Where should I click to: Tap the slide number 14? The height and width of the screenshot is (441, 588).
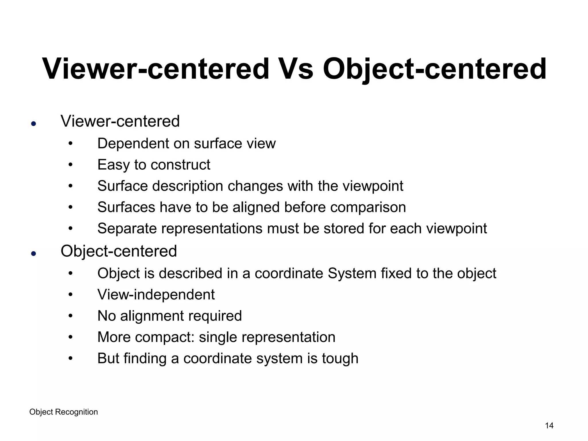click(549, 425)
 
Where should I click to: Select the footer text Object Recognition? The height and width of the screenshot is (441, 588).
click(63, 412)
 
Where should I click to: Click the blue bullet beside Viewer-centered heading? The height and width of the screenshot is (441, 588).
click(34, 124)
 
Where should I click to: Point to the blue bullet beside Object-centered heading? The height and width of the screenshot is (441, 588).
click(34, 254)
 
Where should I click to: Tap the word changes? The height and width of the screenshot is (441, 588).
click(255, 186)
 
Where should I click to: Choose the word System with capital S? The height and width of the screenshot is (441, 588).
click(352, 273)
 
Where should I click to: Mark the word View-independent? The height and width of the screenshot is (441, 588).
click(156, 295)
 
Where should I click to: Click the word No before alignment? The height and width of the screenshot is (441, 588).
click(107, 316)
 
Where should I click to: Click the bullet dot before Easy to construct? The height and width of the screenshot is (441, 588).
click(71, 165)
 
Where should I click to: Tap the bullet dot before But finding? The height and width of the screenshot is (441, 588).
click(71, 358)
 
